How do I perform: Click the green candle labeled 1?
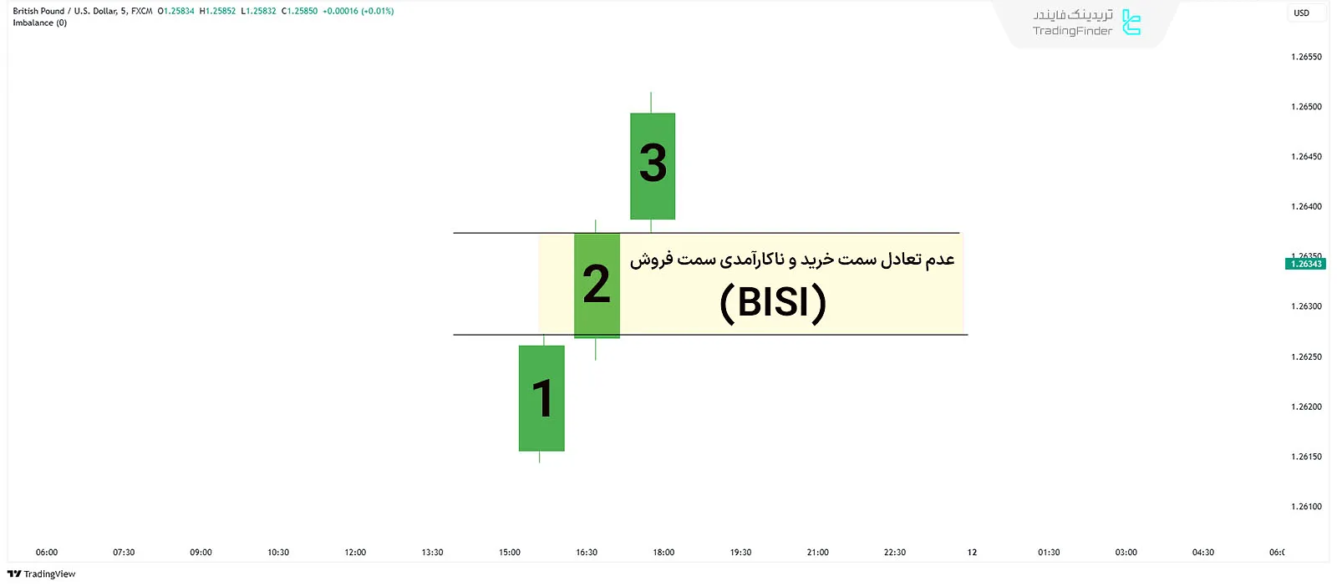click(x=541, y=398)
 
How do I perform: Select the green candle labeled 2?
click(x=597, y=285)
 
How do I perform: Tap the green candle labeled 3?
click(x=653, y=165)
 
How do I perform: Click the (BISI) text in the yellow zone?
click(x=773, y=301)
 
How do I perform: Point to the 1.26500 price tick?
click(x=1306, y=107)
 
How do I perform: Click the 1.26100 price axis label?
click(x=1306, y=507)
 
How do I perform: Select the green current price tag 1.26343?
click(x=1305, y=264)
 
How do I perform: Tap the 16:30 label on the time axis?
click(x=587, y=553)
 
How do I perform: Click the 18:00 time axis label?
click(x=663, y=553)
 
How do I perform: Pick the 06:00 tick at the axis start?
click(x=47, y=553)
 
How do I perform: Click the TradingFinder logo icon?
click(x=1131, y=23)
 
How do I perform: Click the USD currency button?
click(x=1301, y=13)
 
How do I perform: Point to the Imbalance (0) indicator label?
click(x=39, y=23)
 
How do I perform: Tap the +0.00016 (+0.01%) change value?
click(x=358, y=11)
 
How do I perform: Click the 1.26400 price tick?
click(x=1306, y=207)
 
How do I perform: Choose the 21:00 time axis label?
click(x=818, y=553)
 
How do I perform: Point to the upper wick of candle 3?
click(x=651, y=102)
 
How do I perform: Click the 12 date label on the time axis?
click(x=972, y=553)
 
